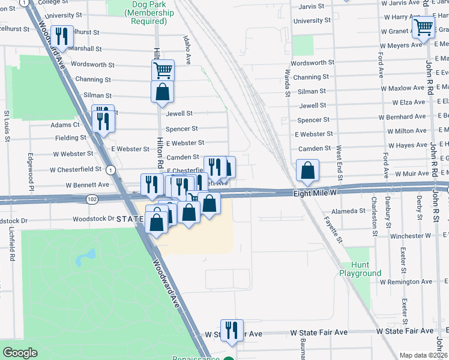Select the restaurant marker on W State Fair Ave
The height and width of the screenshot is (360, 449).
[231, 330]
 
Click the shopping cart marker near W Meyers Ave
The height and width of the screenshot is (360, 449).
[423, 27]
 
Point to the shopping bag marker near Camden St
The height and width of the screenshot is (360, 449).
[307, 170]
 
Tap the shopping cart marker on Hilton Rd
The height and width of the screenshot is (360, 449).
[163, 70]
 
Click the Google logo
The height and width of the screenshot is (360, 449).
[19, 353]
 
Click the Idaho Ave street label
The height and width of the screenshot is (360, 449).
[187, 49]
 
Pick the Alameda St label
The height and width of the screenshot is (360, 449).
[345, 211]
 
